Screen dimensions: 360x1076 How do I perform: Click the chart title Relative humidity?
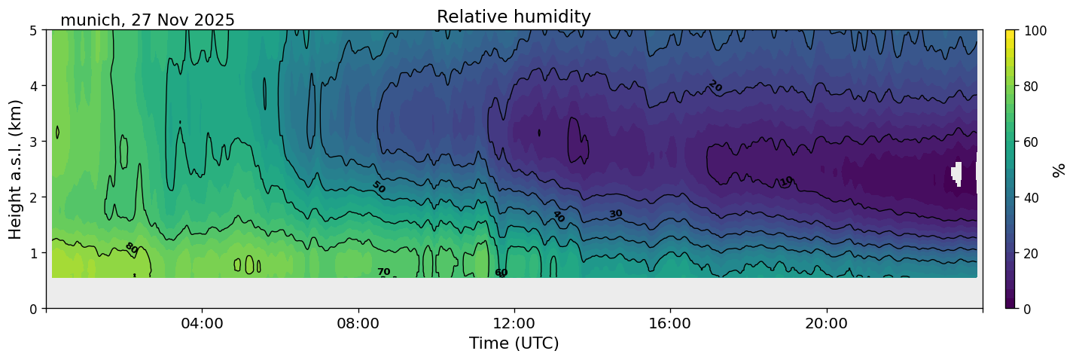(514, 17)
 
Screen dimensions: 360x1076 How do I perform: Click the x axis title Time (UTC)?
(514, 344)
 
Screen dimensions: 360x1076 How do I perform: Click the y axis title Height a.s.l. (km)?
(16, 169)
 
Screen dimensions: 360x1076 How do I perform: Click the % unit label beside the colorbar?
(1059, 169)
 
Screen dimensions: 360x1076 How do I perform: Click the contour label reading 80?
(131, 247)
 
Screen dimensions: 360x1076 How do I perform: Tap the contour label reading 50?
(379, 187)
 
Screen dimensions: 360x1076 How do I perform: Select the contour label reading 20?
(715, 87)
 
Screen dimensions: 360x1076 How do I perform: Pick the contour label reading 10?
(787, 181)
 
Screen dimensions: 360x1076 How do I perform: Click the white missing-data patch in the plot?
(957, 173)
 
